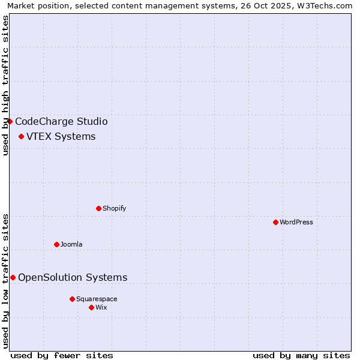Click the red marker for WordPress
coord(275,222)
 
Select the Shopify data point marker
coord(98,208)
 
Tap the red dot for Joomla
coord(56,244)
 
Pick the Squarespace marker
coord(72,299)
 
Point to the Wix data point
coord(91,307)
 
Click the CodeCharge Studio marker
coord(10,121)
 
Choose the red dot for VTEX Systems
coord(21,136)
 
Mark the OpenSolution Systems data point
coord(13,277)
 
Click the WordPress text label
coord(296,222)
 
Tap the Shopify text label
coord(114,208)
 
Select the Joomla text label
coord(71,244)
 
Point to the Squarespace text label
coord(97,299)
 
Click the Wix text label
coord(101,307)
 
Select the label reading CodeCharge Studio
coord(61,121)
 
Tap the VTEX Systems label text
coord(61,136)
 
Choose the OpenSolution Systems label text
coord(73,277)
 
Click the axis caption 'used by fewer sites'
coord(62,355)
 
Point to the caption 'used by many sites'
coord(301,355)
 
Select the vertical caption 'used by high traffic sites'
coord(6,85)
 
